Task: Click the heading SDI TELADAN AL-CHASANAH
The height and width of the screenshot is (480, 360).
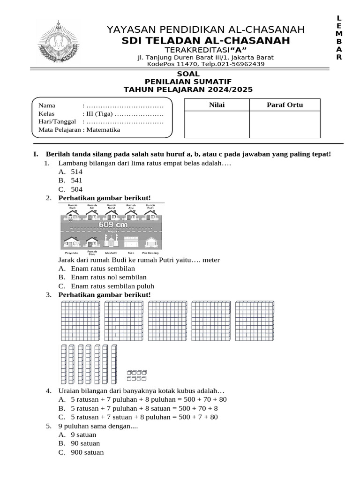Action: click(205, 41)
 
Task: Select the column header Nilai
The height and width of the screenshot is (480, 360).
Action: click(217, 105)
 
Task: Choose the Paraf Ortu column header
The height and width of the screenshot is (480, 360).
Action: click(285, 105)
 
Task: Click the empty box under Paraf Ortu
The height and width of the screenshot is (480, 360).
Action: click(285, 125)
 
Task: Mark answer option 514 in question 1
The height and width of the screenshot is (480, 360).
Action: click(76, 172)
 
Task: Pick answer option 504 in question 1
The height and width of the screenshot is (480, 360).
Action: click(76, 189)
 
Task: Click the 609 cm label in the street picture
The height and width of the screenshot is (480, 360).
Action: click(112, 225)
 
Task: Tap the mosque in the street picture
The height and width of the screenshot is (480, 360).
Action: click(111, 241)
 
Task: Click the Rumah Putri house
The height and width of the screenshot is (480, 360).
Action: click(150, 213)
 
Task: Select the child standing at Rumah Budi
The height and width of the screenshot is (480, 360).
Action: click(69, 217)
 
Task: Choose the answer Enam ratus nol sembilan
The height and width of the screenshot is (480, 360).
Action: click(108, 277)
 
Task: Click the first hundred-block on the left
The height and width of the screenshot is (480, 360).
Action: click(80, 321)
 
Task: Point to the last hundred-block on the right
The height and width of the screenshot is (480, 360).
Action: click(255, 321)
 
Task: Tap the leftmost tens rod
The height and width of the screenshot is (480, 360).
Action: click(63, 364)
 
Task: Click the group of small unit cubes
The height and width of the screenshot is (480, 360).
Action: click(137, 375)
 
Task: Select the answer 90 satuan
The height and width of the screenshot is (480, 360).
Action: click(85, 443)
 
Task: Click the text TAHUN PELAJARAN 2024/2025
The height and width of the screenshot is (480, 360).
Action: click(188, 89)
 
